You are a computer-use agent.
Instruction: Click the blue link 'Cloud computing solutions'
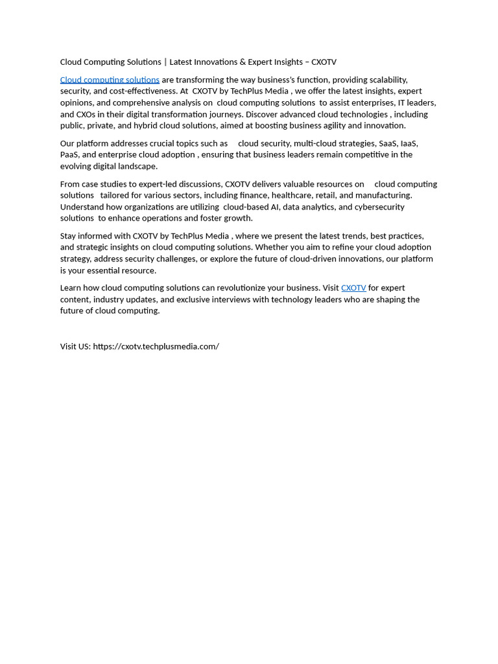110,80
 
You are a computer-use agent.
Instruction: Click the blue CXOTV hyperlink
353,288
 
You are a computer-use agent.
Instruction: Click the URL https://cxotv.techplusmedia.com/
156,346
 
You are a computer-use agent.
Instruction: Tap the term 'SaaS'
388,143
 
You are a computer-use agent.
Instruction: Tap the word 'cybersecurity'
379,207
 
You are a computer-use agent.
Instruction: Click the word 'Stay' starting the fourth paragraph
69,236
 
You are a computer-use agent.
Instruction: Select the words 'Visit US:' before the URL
75,346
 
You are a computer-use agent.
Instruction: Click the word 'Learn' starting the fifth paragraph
71,288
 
